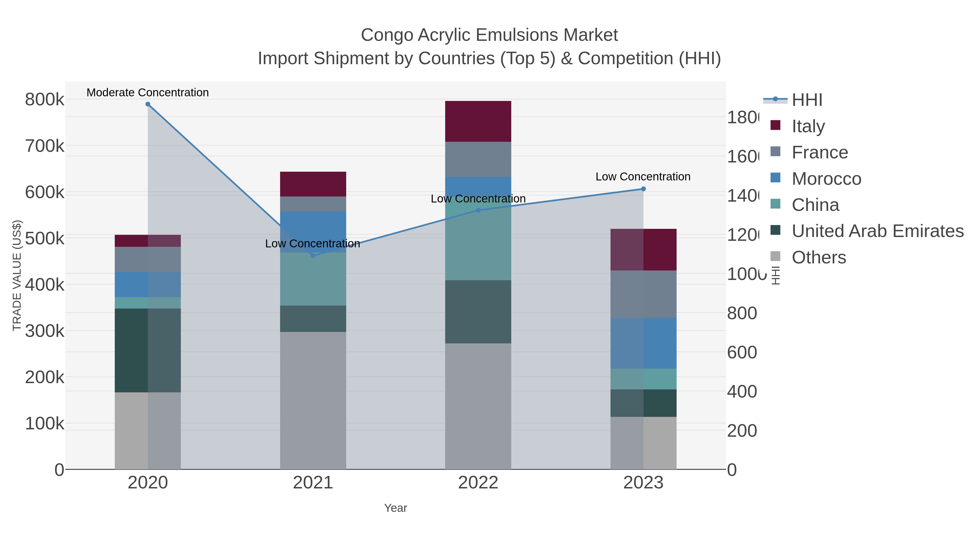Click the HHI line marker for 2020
pyautogui.click(x=148, y=104)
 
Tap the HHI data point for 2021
pyautogui.click(x=313, y=256)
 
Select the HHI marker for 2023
pyautogui.click(x=643, y=189)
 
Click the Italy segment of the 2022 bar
pyautogui.click(x=478, y=121)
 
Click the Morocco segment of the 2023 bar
pyautogui.click(x=643, y=343)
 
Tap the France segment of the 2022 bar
pyautogui.click(x=478, y=159)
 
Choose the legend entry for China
pyautogui.click(x=815, y=205)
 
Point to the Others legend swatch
pyautogui.click(x=775, y=257)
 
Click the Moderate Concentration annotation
pyautogui.click(x=148, y=93)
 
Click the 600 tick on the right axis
pyautogui.click(x=742, y=352)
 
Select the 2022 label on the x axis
pyautogui.click(x=478, y=482)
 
